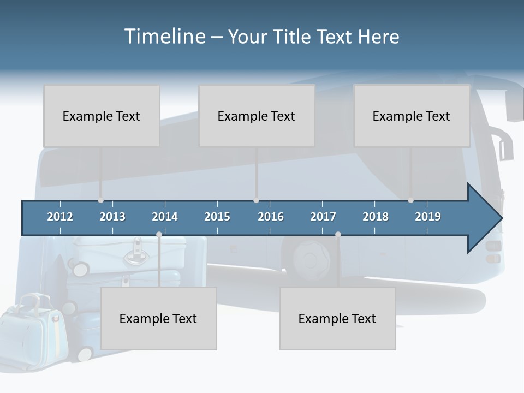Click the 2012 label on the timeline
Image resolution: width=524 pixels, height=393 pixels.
(x=60, y=217)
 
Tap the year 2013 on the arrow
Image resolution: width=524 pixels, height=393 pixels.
(x=112, y=217)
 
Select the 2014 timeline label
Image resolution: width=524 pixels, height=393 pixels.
(x=165, y=217)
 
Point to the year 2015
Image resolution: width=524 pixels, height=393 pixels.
(x=217, y=217)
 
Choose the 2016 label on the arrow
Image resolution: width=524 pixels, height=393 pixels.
(x=271, y=217)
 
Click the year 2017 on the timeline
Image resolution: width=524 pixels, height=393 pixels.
(x=323, y=217)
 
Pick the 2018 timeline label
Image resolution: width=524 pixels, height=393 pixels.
(x=376, y=217)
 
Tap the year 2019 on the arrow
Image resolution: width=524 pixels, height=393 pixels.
(x=428, y=217)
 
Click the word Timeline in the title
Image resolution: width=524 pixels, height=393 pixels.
(x=164, y=37)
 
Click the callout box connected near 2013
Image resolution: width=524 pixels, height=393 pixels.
(x=102, y=116)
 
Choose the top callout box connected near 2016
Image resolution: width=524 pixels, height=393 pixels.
(x=257, y=116)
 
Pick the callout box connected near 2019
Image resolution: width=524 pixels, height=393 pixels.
(x=412, y=116)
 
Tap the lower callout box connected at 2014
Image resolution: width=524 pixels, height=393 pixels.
(x=158, y=318)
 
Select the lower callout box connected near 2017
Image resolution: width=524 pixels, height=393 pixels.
(x=337, y=318)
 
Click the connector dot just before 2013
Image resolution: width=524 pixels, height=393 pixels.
(x=100, y=200)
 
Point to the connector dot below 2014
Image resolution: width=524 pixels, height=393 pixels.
(x=159, y=235)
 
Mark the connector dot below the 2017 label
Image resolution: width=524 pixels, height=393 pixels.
(x=338, y=235)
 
